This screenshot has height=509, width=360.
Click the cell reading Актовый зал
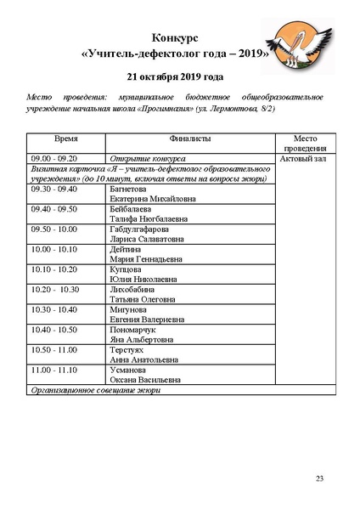(306, 159)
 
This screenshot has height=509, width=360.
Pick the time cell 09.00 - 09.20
(54, 159)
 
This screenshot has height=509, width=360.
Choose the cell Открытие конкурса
(149, 159)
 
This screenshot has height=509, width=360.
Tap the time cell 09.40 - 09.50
(54, 208)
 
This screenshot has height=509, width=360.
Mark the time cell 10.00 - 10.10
(54, 249)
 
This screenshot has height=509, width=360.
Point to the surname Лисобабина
(133, 290)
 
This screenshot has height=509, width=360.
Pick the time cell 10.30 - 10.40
(54, 309)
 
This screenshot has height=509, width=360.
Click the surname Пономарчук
(136, 330)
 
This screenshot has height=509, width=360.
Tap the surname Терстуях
(129, 350)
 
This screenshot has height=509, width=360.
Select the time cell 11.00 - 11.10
(54, 370)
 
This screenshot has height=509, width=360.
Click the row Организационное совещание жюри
(95, 390)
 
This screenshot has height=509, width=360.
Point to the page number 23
(320, 480)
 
